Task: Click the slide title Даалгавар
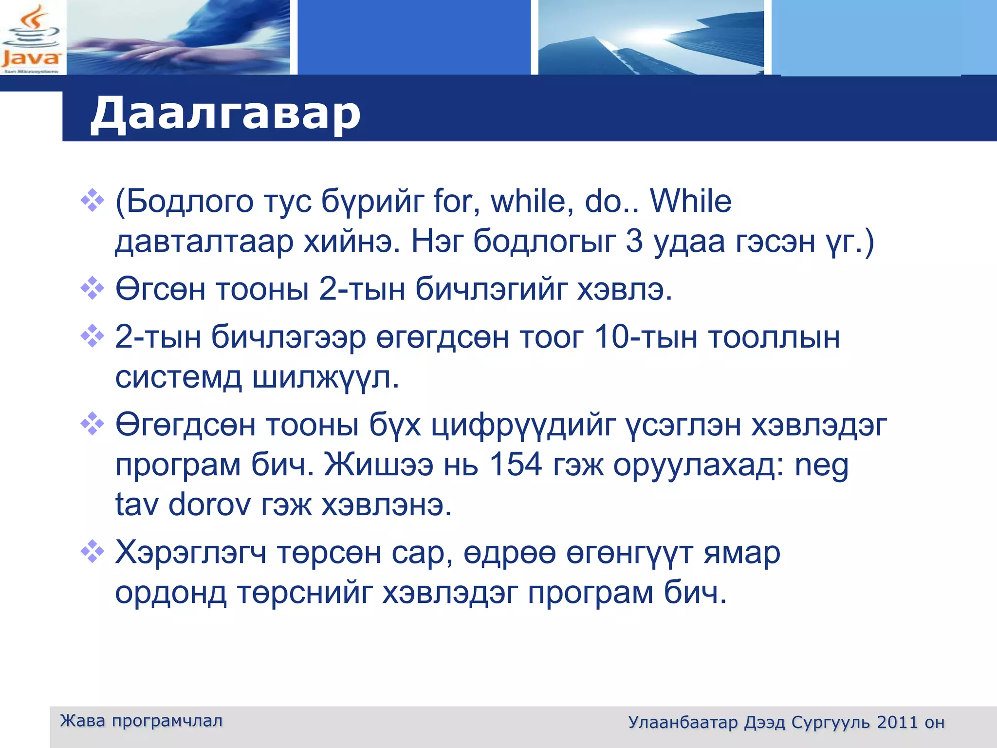coord(225,113)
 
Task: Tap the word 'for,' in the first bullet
coord(456,201)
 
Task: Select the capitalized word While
coord(690,201)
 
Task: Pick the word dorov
coord(209,505)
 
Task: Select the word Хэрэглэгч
coord(191,554)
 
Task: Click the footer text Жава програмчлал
coord(141,721)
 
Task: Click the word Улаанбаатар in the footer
coord(683,722)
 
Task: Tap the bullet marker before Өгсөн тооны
coord(92,288)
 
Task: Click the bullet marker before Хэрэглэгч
coord(92,552)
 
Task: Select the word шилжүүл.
coord(325,378)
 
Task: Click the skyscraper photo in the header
coord(651,37)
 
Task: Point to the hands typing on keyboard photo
coord(178,37)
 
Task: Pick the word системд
coord(178,378)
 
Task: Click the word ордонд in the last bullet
coord(171,594)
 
